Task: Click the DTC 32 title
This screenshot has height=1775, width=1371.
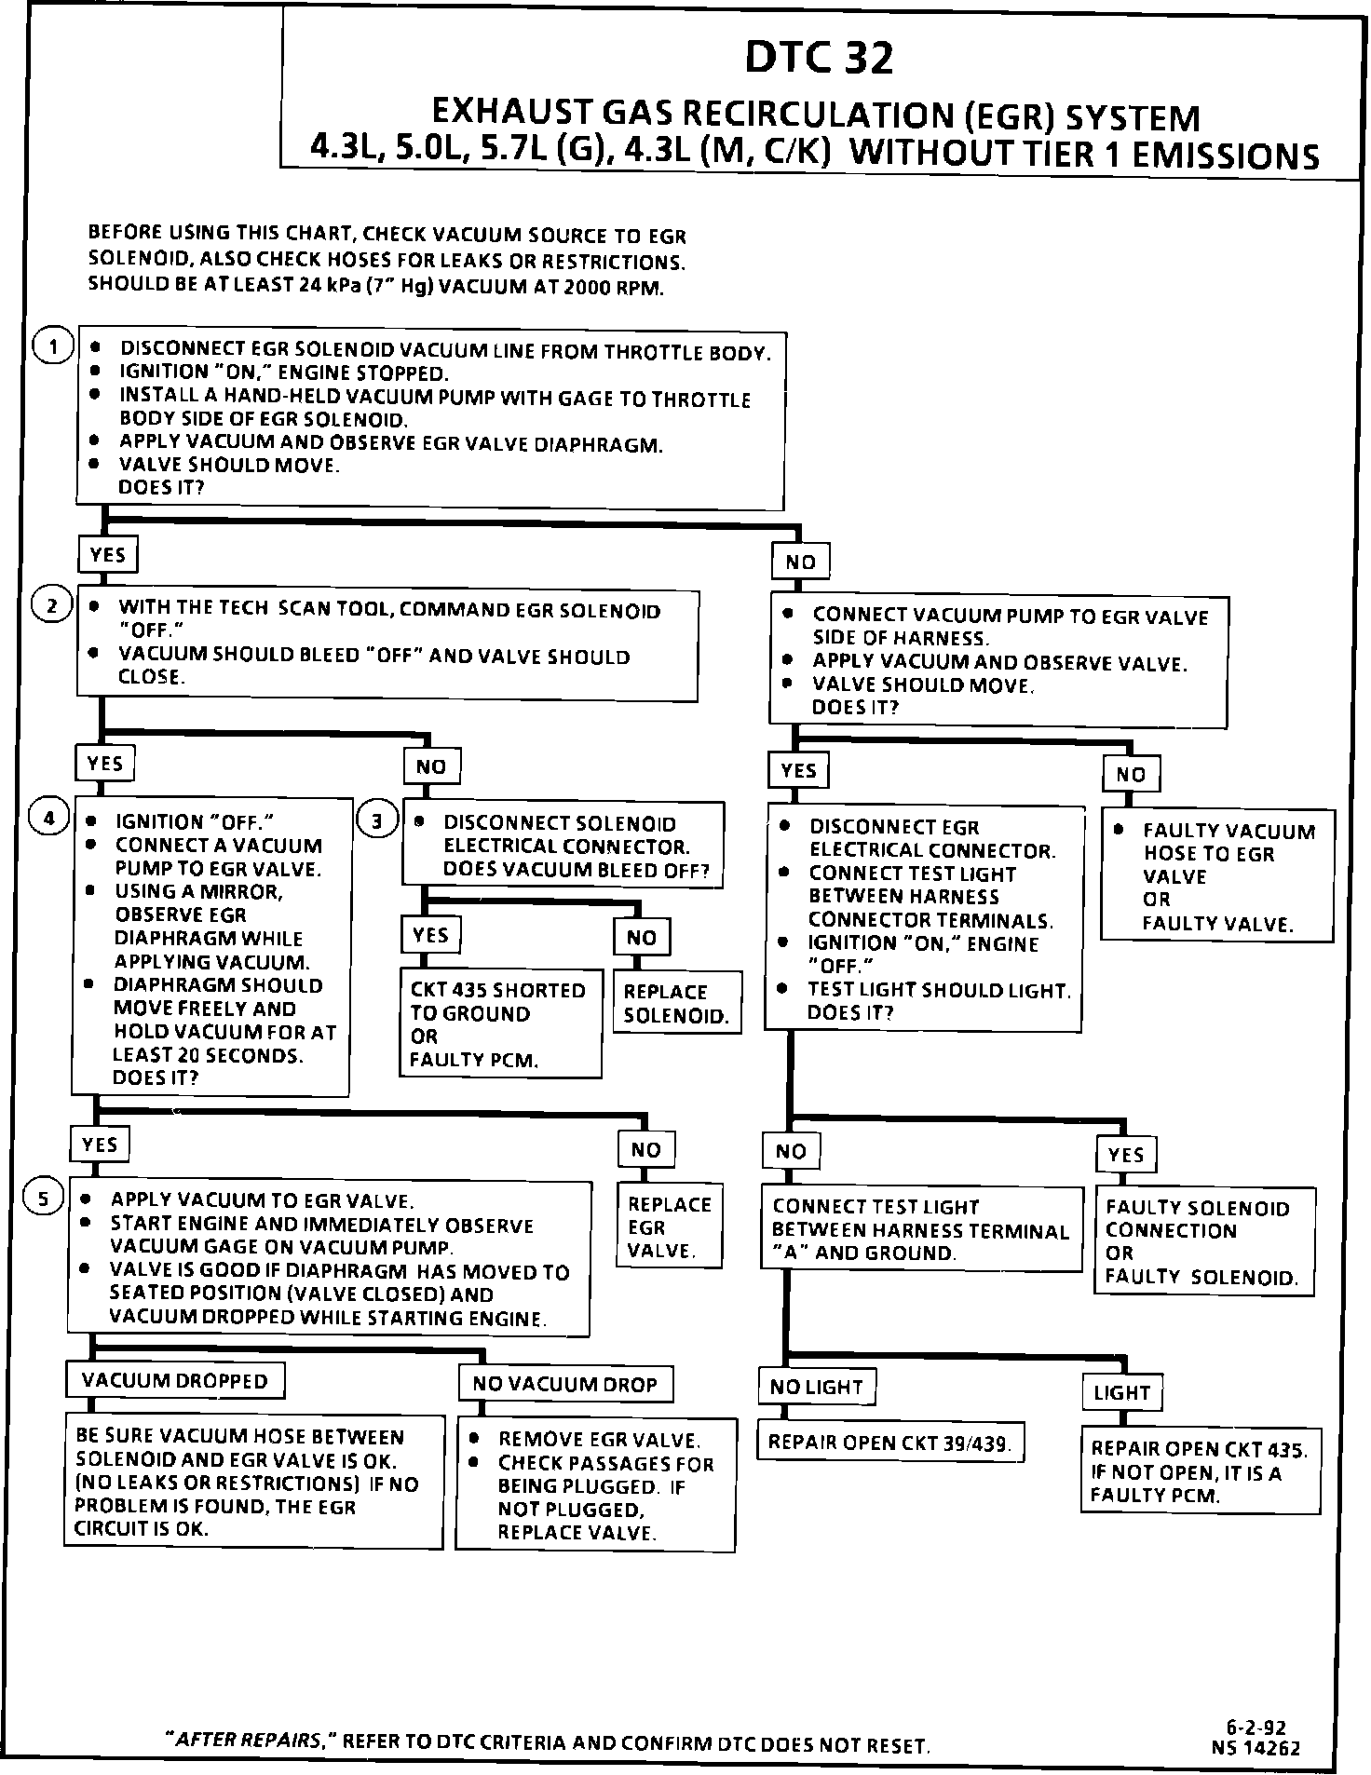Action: (x=819, y=58)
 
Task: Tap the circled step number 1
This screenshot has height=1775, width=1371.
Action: (x=53, y=348)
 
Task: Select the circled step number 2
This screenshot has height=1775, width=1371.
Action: (x=52, y=606)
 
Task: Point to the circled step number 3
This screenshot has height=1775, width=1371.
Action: (x=377, y=820)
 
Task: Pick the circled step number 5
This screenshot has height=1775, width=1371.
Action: (x=45, y=1198)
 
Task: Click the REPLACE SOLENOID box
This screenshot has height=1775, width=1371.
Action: (x=677, y=1003)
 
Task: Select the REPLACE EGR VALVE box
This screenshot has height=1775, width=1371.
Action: (x=669, y=1226)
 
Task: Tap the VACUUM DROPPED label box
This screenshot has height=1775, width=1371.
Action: (x=175, y=1380)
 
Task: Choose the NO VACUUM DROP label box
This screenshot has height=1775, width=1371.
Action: (x=565, y=1384)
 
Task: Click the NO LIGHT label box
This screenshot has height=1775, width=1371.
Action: (x=817, y=1387)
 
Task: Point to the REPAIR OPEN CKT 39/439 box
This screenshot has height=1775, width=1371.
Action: (x=890, y=1443)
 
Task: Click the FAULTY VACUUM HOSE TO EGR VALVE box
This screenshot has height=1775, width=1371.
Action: (x=1216, y=876)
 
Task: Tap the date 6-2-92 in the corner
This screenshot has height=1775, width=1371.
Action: (x=1262, y=1729)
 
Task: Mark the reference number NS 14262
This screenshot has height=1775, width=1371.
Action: (x=1256, y=1748)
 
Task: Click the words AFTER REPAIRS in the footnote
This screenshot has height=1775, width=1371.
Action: (x=250, y=1740)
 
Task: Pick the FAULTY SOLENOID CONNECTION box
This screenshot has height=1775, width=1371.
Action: (x=1202, y=1241)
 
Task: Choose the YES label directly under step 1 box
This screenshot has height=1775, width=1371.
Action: (x=107, y=555)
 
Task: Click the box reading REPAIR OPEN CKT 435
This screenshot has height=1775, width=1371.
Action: (x=1200, y=1471)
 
